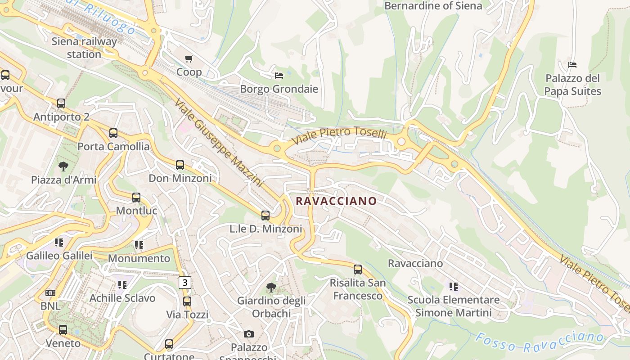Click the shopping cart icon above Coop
(x=189, y=58)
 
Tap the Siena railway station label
(x=84, y=48)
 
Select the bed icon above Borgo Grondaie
(x=279, y=75)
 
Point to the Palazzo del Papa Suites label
(x=572, y=85)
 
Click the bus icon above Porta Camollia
(x=113, y=133)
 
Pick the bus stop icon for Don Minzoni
(x=180, y=165)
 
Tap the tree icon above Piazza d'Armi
(x=63, y=166)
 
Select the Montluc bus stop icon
(x=136, y=198)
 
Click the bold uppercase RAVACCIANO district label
(x=336, y=201)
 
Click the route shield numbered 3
(x=184, y=283)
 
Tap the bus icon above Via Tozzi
(x=187, y=301)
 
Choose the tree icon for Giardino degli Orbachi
(x=271, y=287)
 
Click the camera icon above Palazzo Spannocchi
(x=248, y=334)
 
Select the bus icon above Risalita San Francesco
(x=358, y=270)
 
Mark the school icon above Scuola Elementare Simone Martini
(x=454, y=287)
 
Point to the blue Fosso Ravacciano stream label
(x=539, y=342)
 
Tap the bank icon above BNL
(x=50, y=293)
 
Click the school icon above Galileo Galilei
(x=59, y=243)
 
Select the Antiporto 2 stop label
(x=61, y=117)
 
